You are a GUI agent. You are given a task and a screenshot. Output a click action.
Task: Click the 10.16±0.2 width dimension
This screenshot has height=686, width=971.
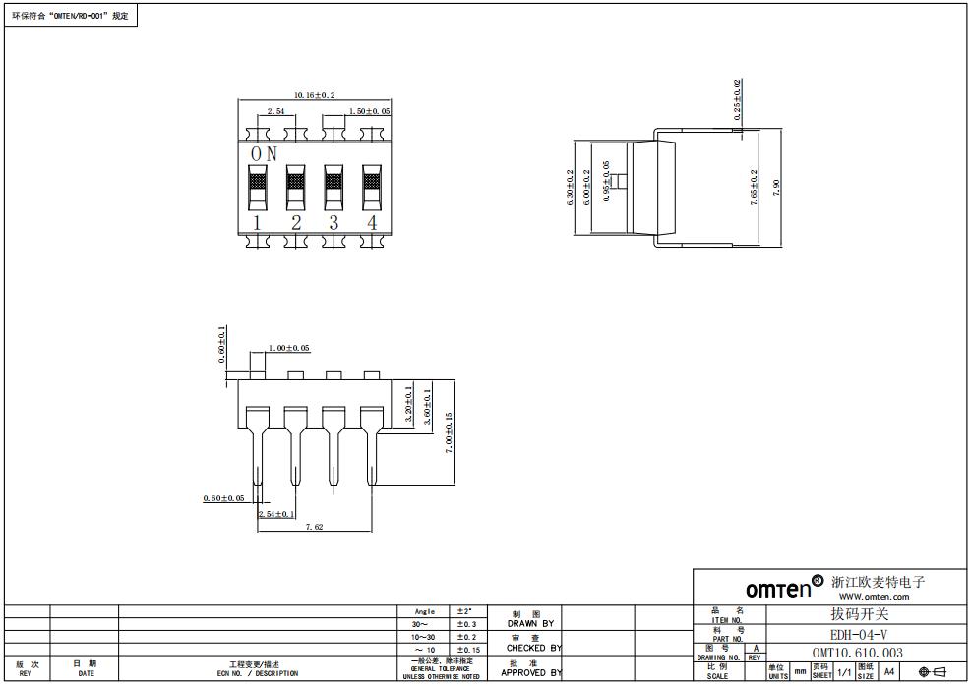point(315,95)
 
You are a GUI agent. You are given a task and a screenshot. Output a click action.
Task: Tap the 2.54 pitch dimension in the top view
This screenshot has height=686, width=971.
point(276,112)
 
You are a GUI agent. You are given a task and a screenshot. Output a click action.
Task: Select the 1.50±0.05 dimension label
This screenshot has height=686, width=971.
point(370,112)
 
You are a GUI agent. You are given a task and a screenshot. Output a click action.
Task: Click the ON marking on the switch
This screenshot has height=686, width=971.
point(264,154)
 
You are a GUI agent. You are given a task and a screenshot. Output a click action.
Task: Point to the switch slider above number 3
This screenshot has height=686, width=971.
point(334,183)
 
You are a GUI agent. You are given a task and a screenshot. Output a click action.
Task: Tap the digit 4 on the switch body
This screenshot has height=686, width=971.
point(372,222)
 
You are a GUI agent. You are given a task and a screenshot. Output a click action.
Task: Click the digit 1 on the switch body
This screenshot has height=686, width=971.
point(258,222)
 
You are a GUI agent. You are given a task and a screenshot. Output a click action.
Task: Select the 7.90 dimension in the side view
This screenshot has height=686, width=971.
point(777,187)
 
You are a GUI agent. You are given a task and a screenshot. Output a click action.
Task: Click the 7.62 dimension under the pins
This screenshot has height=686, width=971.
point(314,528)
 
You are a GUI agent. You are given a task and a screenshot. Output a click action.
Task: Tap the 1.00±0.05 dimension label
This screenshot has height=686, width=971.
point(289,348)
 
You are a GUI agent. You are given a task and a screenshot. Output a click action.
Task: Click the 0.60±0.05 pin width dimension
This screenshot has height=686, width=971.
point(223,498)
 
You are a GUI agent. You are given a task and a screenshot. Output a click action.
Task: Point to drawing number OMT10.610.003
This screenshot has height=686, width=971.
point(857,653)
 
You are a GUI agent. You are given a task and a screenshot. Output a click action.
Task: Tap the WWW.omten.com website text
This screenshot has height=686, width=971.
point(874,597)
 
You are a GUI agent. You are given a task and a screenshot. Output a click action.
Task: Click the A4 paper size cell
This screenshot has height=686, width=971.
point(889,671)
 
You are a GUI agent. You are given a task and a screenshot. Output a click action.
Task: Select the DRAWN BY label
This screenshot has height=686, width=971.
point(530,623)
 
